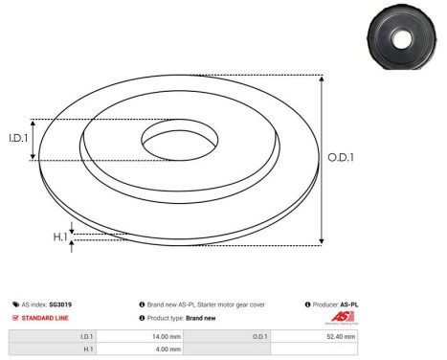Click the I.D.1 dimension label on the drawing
point(19,139)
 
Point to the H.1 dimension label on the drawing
point(60,236)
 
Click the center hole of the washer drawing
point(180,141)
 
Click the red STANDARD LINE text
point(46,318)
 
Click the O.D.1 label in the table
point(260,337)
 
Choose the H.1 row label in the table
point(87,350)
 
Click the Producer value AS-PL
point(350,304)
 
